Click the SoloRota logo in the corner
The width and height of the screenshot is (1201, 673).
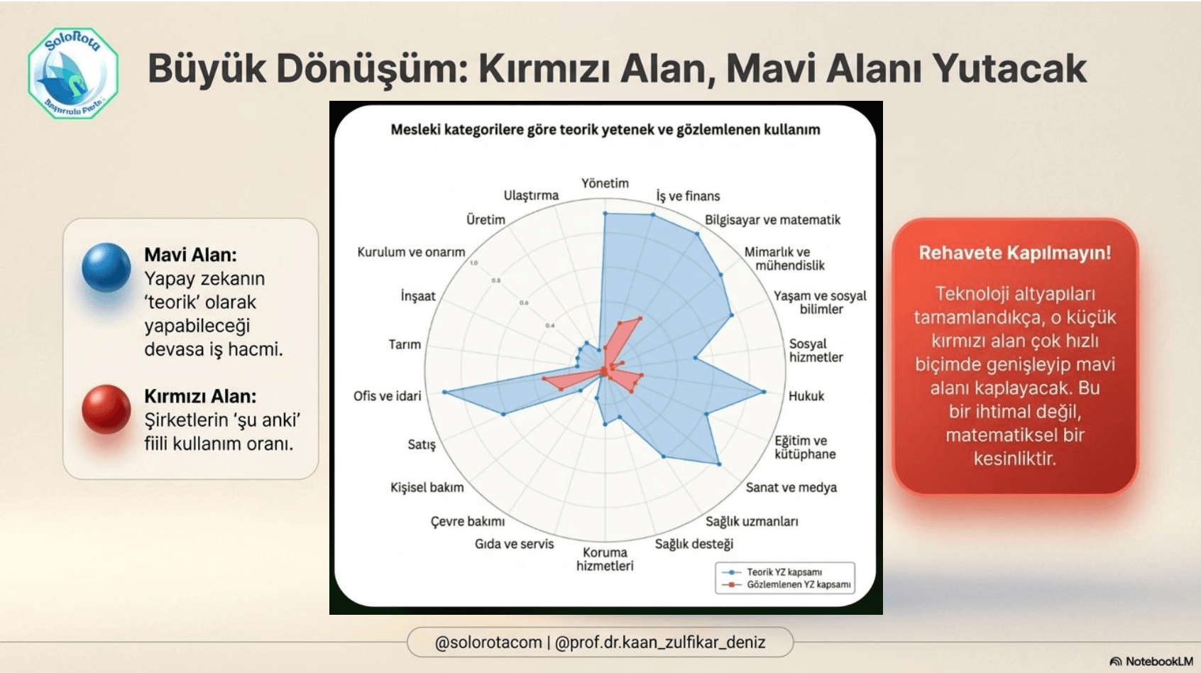[73, 73]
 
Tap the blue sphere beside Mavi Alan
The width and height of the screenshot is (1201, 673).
[106, 268]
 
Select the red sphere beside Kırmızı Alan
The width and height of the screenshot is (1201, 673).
[106, 409]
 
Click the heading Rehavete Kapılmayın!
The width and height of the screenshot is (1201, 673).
[1014, 253]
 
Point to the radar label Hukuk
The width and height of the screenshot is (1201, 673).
[806, 396]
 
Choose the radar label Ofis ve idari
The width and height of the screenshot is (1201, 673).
[387, 396]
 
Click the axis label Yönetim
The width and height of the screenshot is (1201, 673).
[605, 183]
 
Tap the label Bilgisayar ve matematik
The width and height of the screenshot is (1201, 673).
[772, 220]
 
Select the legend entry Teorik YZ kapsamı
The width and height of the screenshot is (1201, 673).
[784, 572]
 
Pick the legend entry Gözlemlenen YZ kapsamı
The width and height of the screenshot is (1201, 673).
[798, 585]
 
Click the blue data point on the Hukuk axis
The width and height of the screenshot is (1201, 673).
[764, 392]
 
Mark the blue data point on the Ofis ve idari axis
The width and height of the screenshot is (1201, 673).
[445, 392]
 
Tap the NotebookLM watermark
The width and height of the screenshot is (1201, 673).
[1151, 661]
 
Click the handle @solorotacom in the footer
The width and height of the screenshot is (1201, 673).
[488, 642]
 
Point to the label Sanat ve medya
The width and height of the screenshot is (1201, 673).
[791, 488]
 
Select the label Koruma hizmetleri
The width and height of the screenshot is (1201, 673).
[605, 559]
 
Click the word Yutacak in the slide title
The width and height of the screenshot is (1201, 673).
[1009, 69]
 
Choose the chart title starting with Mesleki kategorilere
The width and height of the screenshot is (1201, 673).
[605, 130]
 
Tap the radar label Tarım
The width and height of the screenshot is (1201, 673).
[405, 344]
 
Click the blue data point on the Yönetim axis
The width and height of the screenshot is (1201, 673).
[605, 213]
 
